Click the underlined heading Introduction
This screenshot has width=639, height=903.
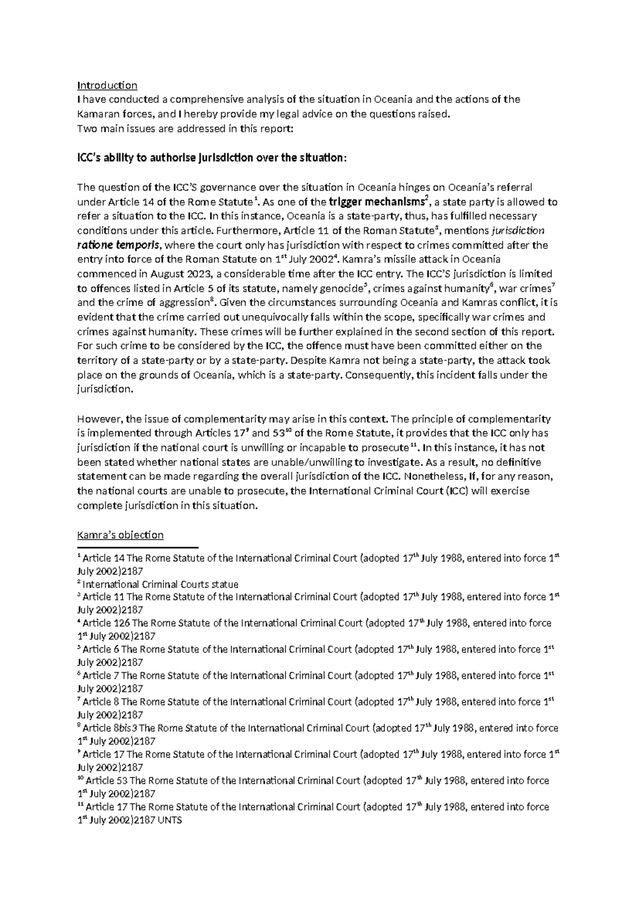(107, 85)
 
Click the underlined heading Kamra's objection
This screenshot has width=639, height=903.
(120, 535)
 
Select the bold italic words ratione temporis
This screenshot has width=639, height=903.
(117, 245)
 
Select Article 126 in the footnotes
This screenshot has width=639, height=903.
(106, 623)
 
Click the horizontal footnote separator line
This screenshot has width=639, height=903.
(137, 547)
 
